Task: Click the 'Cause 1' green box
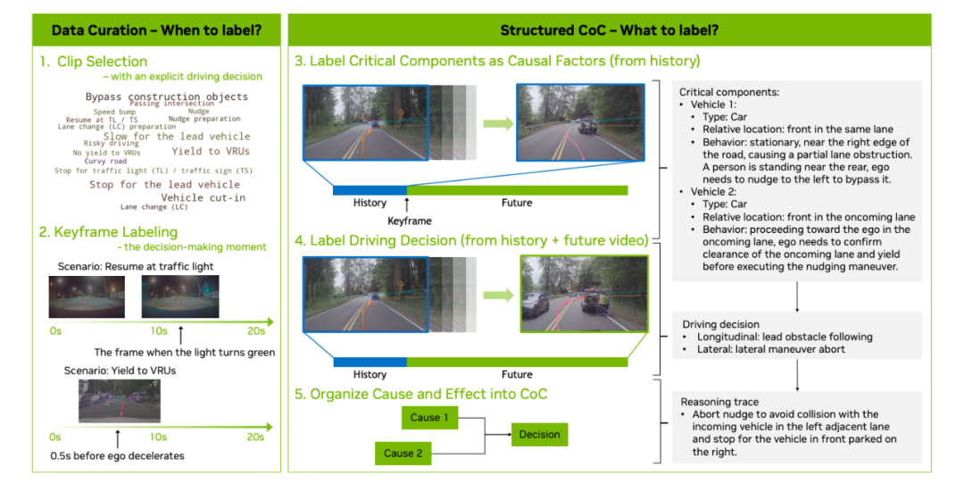click(x=430, y=417)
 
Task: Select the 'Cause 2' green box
click(x=403, y=453)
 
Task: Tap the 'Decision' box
click(x=539, y=435)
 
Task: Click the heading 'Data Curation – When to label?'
click(x=156, y=30)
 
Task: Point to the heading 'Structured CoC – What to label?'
click(x=609, y=30)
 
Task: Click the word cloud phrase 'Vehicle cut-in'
click(x=203, y=197)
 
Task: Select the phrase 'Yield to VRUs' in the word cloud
click(x=211, y=151)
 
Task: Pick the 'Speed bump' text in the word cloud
click(x=116, y=112)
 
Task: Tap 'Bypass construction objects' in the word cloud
click(x=166, y=96)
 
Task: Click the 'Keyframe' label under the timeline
click(x=409, y=220)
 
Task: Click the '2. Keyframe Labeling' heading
click(x=108, y=232)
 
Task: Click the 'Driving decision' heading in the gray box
click(x=720, y=324)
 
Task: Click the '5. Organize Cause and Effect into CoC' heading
click(x=421, y=394)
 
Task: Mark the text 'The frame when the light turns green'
click(x=185, y=352)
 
